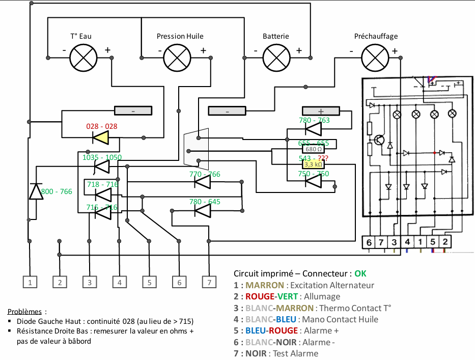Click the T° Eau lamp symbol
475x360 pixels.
(83, 57)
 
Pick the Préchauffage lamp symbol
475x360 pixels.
(375, 57)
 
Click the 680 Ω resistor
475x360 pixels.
(313, 149)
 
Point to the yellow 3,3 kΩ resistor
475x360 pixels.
(313, 164)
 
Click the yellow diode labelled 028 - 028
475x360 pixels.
(101, 137)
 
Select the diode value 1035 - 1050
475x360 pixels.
(102, 157)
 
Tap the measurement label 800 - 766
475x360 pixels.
(57, 191)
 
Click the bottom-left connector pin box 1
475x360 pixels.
(31, 282)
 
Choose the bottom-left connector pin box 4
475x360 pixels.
(119, 282)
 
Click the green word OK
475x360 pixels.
(360, 273)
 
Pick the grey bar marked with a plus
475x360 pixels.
(321, 111)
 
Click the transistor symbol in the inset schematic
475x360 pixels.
(379, 140)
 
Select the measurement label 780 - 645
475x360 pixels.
(205, 202)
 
